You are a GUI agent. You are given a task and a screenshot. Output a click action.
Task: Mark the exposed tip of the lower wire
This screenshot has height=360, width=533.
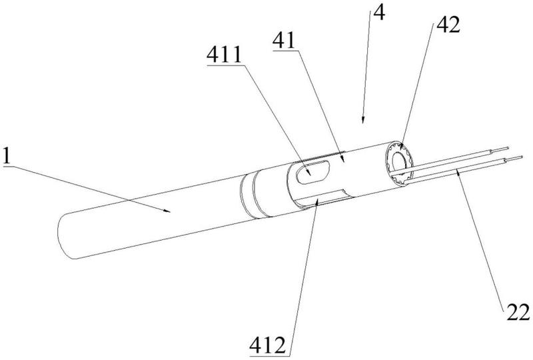[517, 159]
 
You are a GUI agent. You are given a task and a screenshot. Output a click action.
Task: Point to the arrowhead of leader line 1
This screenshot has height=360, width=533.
[170, 211]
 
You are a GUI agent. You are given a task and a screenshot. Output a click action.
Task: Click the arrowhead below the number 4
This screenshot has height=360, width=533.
[362, 122]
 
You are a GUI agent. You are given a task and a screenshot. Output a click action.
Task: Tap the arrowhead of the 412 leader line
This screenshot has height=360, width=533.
[316, 199]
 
